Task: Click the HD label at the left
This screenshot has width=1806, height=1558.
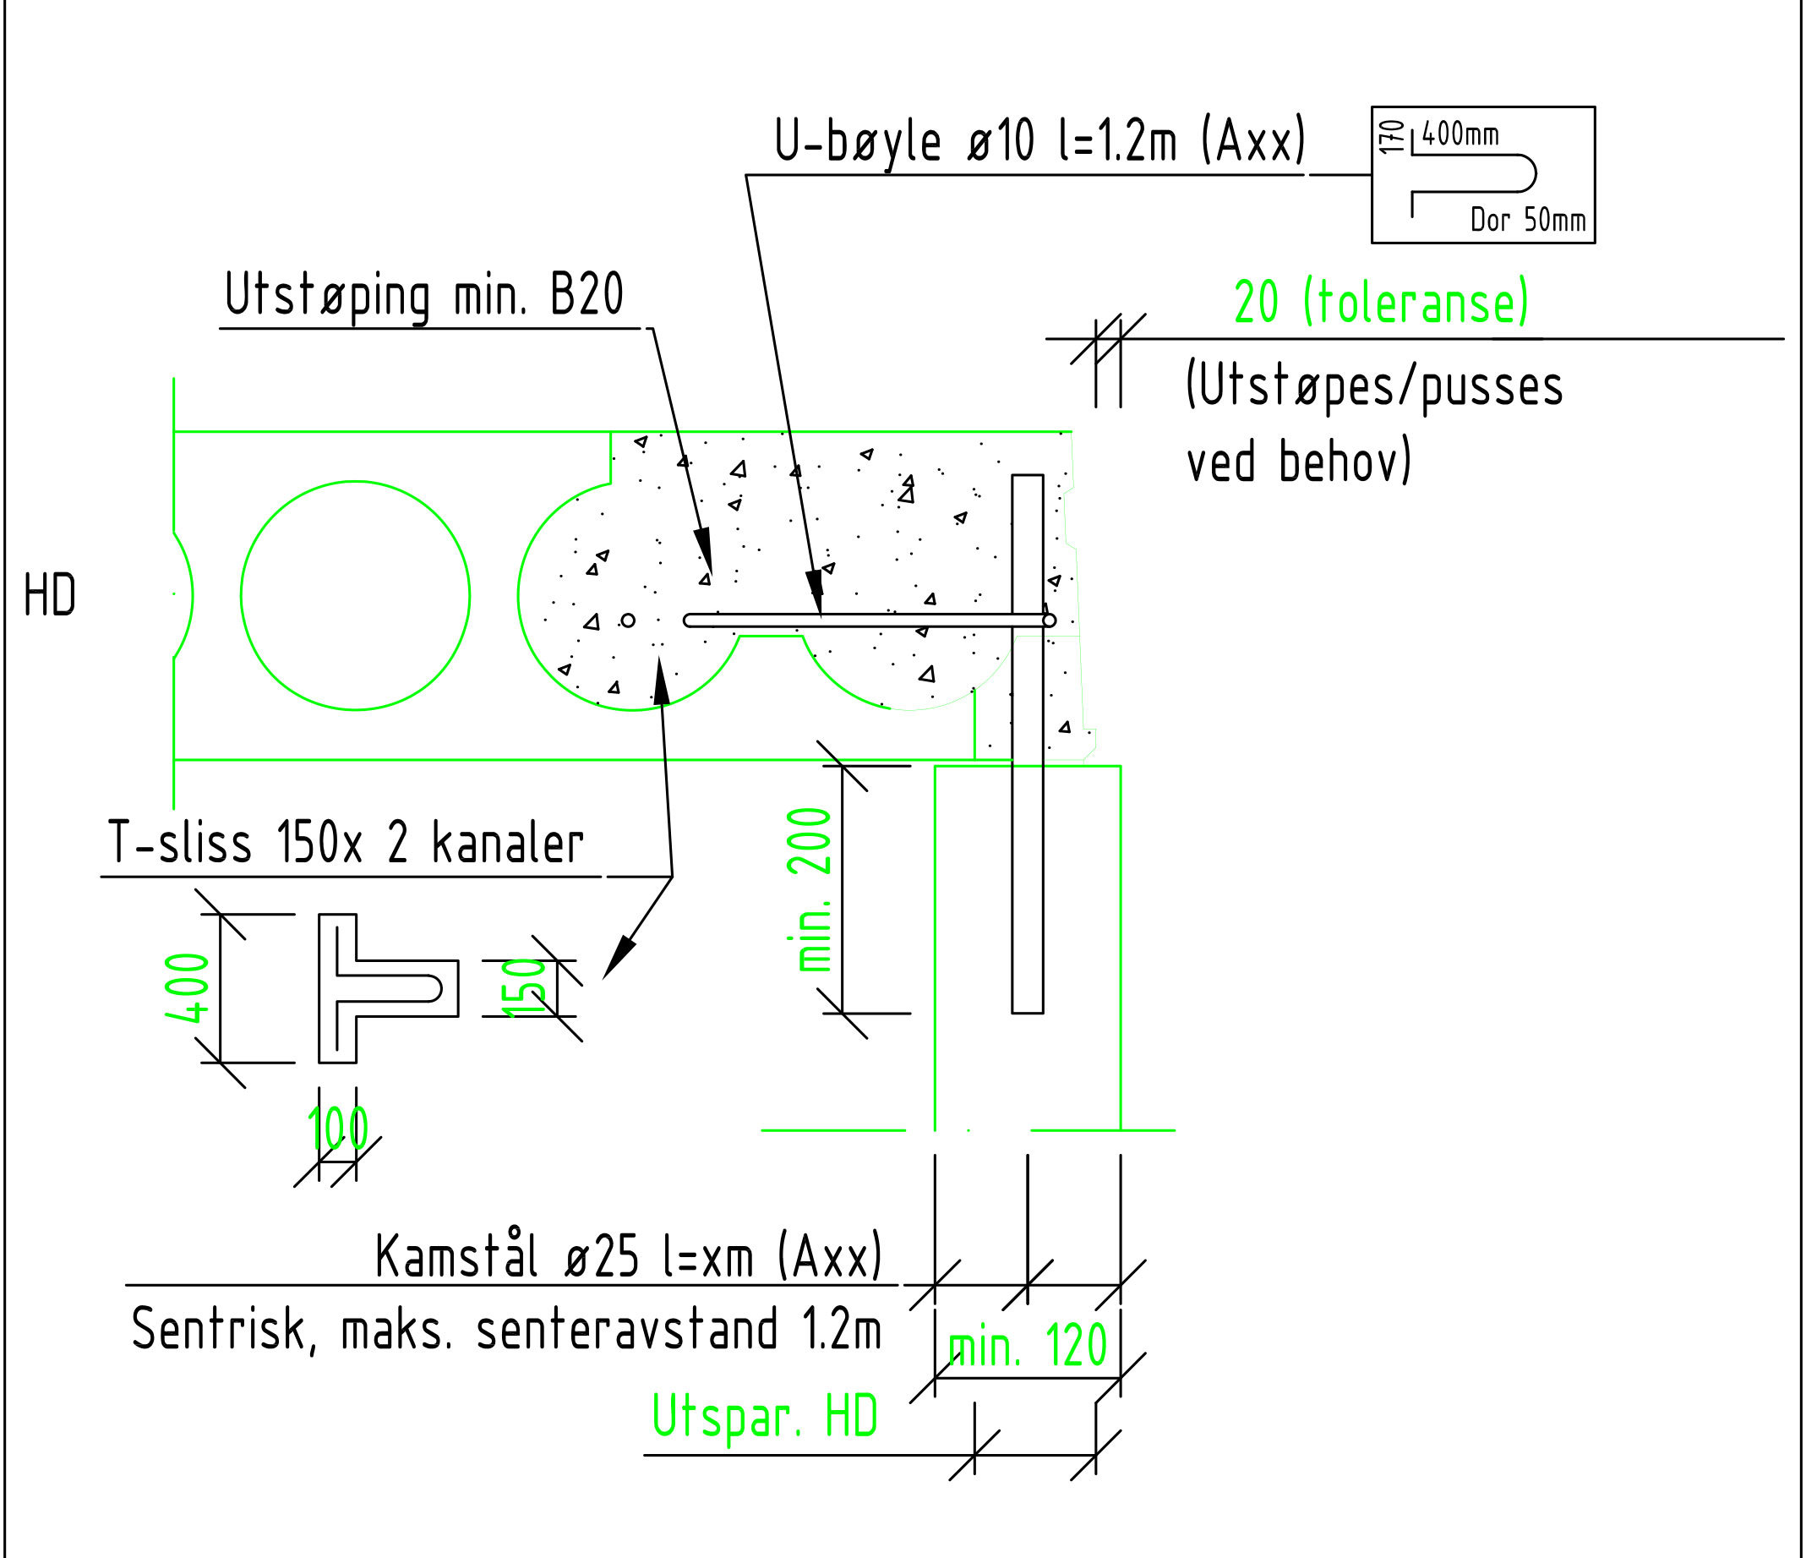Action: (x=50, y=596)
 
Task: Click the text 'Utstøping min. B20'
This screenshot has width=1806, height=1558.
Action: (x=424, y=297)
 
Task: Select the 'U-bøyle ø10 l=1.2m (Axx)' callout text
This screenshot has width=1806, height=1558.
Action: (x=1039, y=141)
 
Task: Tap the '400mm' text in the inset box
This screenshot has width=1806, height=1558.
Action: (x=1460, y=135)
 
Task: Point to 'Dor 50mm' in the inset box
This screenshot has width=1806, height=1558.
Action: (x=1527, y=220)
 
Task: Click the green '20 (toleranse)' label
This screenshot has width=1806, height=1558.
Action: (x=1382, y=303)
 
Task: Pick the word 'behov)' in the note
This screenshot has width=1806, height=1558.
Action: (x=1345, y=462)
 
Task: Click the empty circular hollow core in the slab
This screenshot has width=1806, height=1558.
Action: (x=355, y=595)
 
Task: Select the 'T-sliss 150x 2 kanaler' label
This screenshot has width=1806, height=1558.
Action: (x=345, y=843)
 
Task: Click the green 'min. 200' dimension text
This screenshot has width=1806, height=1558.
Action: (x=810, y=889)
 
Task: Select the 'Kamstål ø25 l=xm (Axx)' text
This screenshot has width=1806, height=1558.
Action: (x=629, y=1257)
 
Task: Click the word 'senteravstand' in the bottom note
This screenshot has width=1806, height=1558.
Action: (x=626, y=1331)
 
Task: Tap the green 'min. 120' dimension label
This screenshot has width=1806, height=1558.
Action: (x=1027, y=1345)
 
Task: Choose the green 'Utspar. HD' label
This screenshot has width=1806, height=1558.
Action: (x=765, y=1417)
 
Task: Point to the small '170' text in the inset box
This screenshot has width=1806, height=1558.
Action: (x=1393, y=137)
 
